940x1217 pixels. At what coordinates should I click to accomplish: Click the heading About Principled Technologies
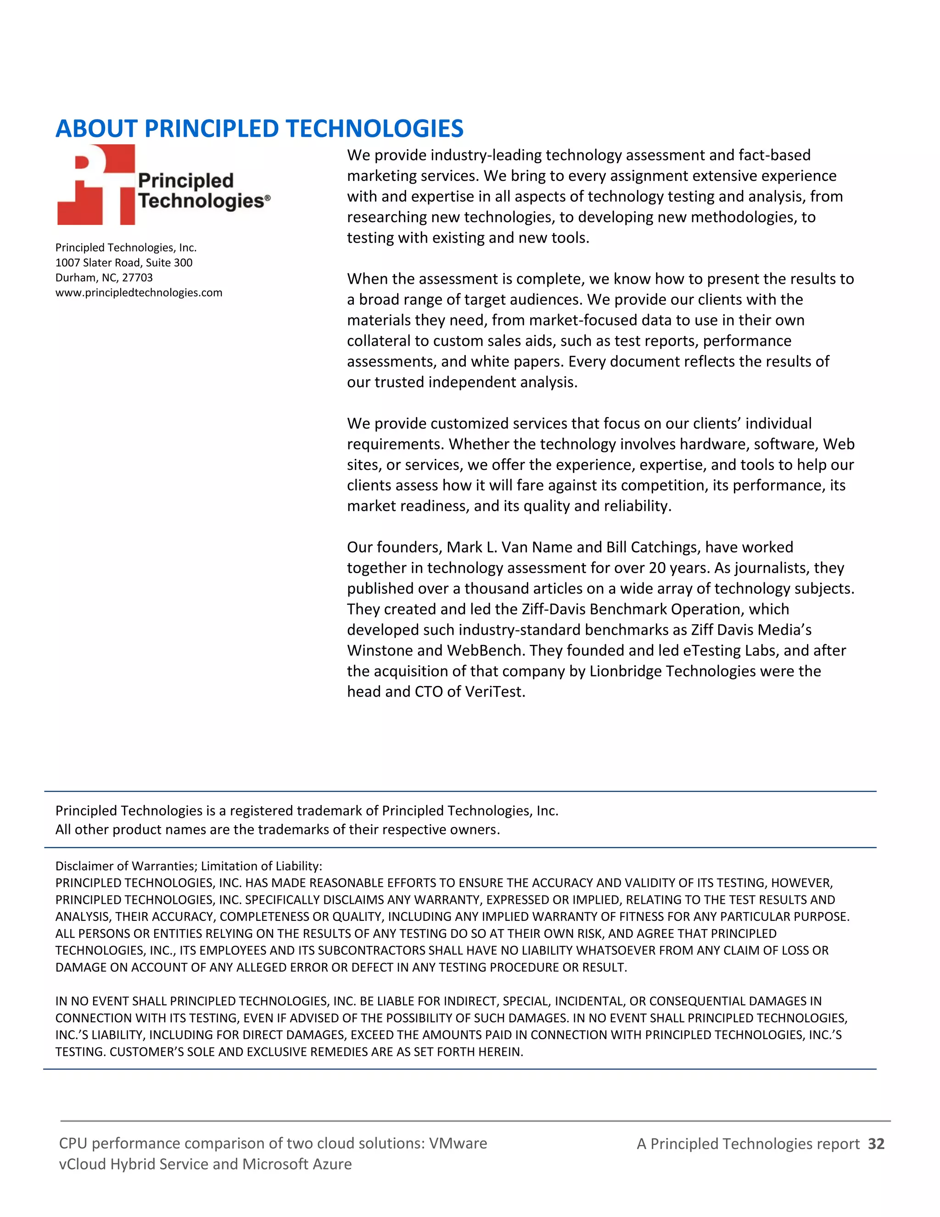[x=259, y=129]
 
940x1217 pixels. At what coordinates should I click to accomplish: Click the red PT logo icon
[x=96, y=185]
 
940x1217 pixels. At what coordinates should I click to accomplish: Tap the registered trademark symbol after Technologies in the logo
[x=268, y=198]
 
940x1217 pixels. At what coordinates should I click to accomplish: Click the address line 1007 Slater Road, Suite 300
[x=123, y=262]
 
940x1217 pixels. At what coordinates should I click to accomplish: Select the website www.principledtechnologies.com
[x=139, y=293]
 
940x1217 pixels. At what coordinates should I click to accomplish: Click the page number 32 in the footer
[x=876, y=1144]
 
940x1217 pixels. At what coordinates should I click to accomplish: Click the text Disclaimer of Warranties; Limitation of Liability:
[x=189, y=866]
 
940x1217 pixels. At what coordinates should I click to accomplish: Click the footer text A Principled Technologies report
[x=748, y=1144]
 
